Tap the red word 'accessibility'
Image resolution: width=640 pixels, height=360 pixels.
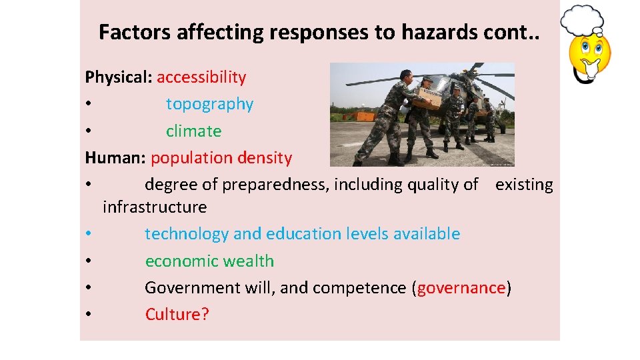[x=201, y=77]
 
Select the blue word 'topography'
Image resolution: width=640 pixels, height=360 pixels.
[x=209, y=104]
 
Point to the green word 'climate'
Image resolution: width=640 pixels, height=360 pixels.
[x=193, y=131]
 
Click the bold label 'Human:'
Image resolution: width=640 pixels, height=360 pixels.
[x=115, y=158]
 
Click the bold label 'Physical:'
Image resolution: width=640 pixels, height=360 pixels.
[x=119, y=77]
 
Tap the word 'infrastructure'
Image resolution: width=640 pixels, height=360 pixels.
[x=155, y=207]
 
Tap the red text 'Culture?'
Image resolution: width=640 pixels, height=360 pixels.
[x=177, y=315]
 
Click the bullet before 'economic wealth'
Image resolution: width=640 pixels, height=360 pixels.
[x=88, y=261]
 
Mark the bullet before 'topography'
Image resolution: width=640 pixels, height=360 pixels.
[x=88, y=105]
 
